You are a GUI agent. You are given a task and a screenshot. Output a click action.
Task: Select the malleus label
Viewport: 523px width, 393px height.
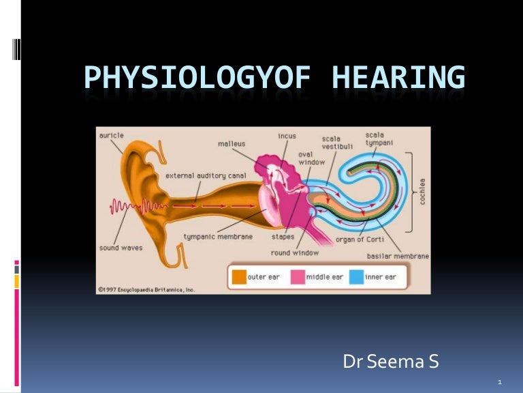(232, 143)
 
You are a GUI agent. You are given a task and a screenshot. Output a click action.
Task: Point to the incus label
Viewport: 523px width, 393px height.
(287, 136)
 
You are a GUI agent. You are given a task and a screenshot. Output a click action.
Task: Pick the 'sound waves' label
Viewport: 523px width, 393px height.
(121, 248)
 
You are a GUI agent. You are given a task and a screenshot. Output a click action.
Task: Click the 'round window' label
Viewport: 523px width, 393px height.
(291, 253)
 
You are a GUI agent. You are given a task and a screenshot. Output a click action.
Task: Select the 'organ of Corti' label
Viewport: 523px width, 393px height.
(360, 239)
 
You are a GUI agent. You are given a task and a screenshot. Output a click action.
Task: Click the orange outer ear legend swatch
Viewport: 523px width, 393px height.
(238, 278)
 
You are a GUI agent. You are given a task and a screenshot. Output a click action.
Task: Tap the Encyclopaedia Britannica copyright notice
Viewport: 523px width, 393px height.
(146, 290)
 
